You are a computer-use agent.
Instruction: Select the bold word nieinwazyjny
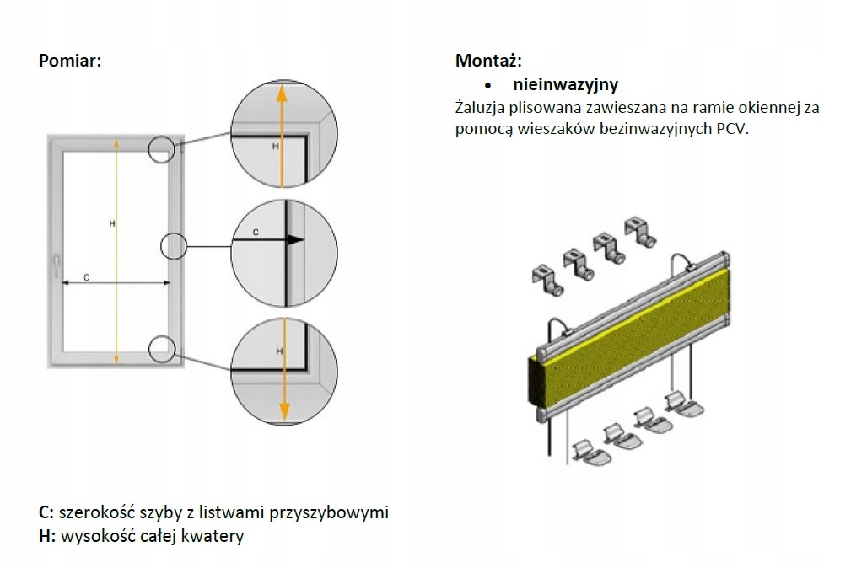(x=565, y=84)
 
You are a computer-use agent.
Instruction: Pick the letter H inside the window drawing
(x=111, y=223)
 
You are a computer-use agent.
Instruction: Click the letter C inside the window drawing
(x=86, y=276)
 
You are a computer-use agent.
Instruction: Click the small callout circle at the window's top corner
(x=163, y=149)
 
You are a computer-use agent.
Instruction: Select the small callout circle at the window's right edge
(x=172, y=245)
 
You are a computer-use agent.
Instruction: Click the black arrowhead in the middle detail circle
(x=293, y=239)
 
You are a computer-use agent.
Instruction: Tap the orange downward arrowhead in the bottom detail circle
(x=284, y=410)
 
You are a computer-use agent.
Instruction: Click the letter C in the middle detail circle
(x=255, y=229)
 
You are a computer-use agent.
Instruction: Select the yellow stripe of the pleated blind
(x=641, y=303)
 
